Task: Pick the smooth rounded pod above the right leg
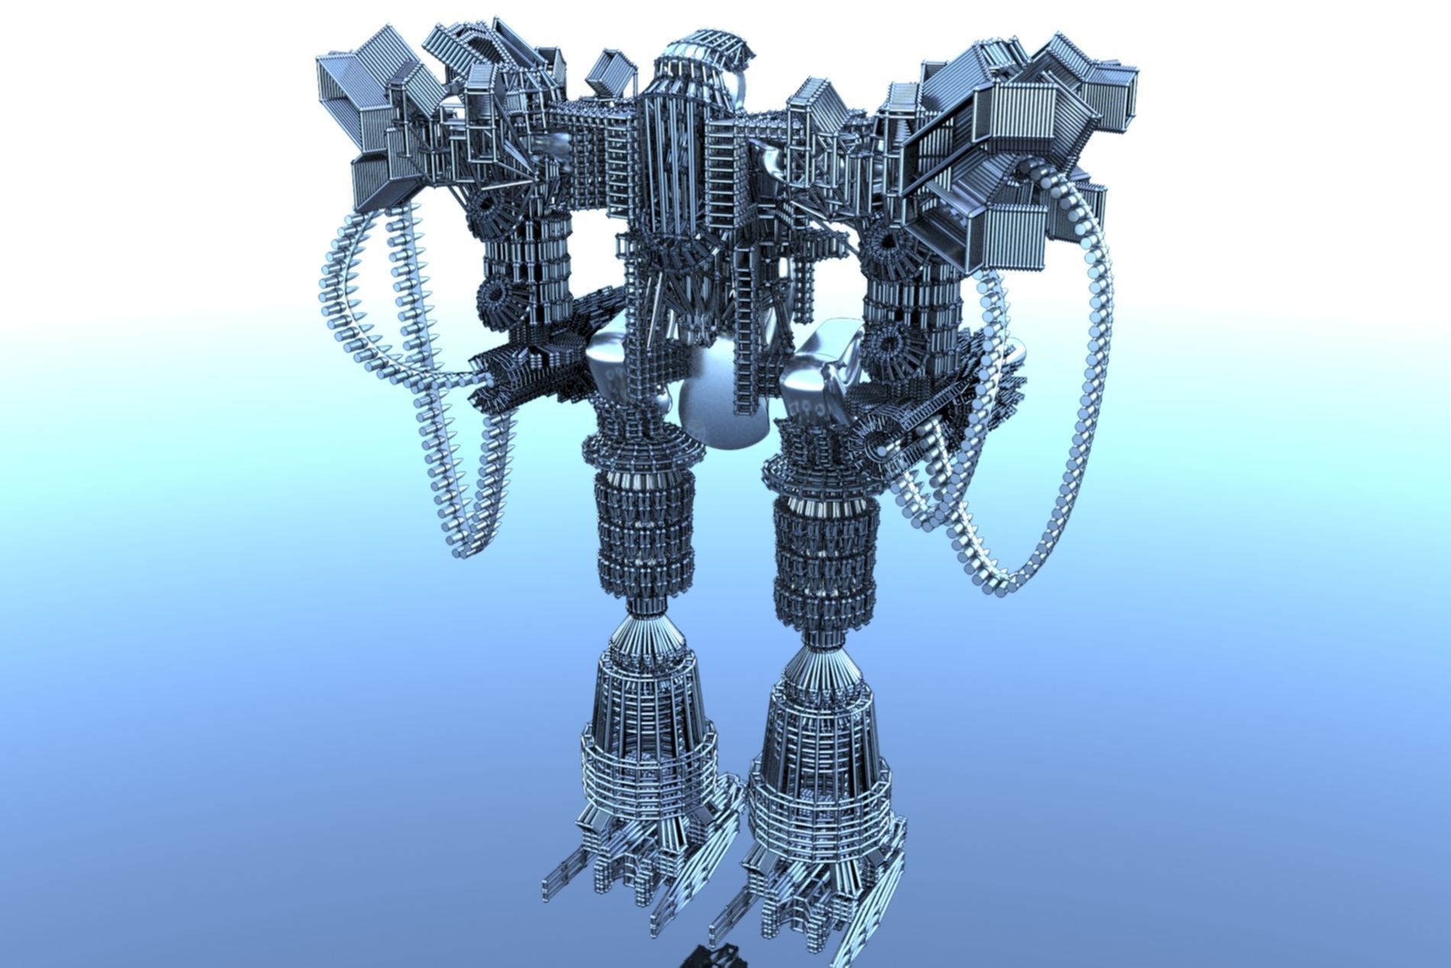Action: click(821, 367)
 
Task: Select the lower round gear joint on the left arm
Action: click(496, 294)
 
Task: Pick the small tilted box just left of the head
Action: click(611, 73)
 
